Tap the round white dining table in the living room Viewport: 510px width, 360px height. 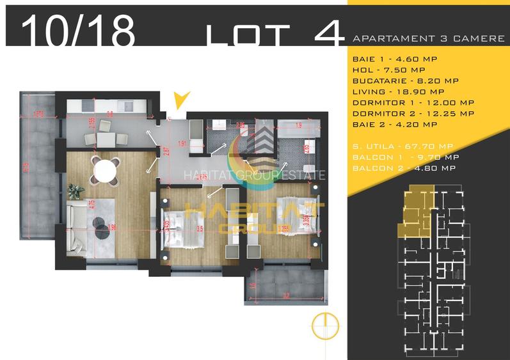click(x=105, y=171)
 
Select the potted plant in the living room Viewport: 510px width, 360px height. click(x=76, y=190)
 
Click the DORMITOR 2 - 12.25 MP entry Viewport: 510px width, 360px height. click(x=413, y=113)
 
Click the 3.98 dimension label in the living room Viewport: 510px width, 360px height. click(x=113, y=226)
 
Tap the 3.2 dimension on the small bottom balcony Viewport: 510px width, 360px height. click(x=286, y=295)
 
